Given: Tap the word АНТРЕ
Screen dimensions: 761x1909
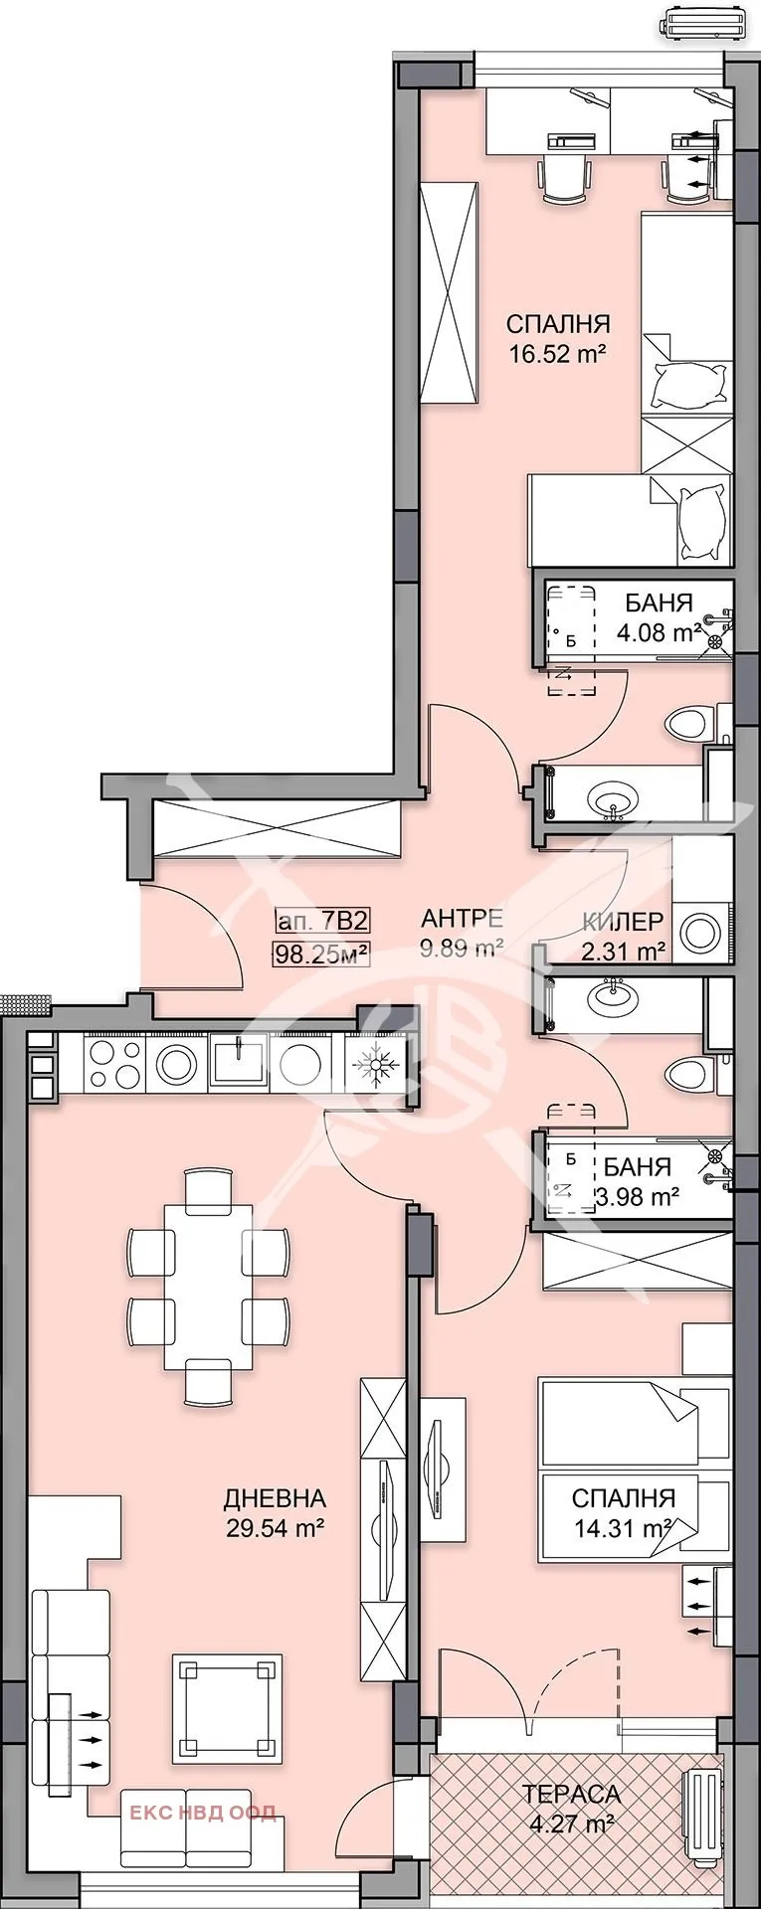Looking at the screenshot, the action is pyautogui.click(x=462, y=919).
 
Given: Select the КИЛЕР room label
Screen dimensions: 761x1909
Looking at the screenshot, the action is pyautogui.click(x=623, y=923).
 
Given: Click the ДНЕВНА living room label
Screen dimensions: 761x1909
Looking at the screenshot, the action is pyautogui.click(x=275, y=1498).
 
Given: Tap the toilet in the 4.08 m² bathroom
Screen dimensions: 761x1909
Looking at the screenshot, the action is pyautogui.click(x=689, y=723).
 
